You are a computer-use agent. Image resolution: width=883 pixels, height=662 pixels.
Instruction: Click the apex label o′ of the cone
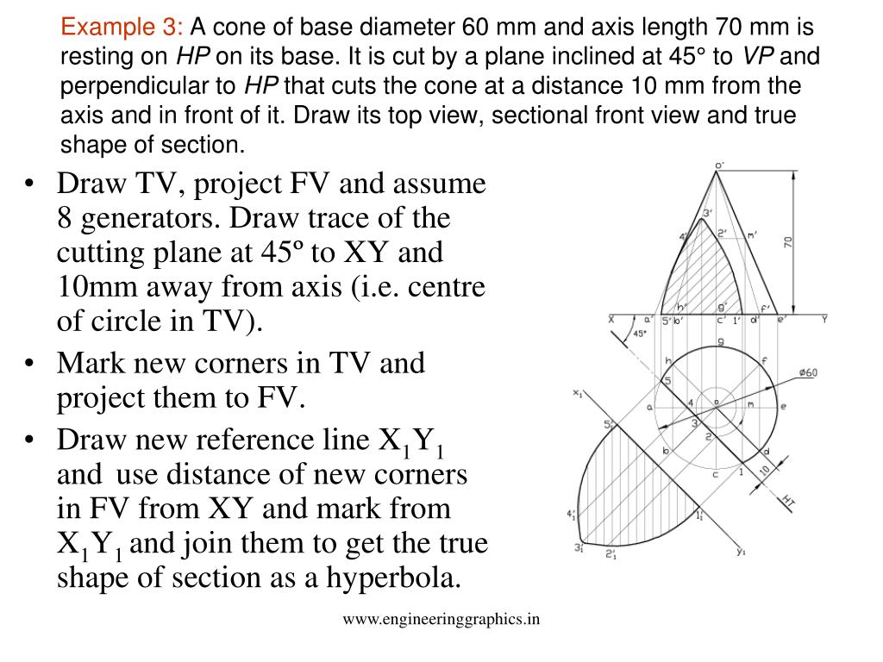[x=719, y=165]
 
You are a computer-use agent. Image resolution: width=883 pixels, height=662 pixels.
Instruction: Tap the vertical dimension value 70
[x=787, y=242]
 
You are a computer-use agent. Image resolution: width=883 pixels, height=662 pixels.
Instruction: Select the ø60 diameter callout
[x=808, y=372]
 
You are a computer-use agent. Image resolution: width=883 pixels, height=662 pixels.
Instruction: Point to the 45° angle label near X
[x=640, y=333]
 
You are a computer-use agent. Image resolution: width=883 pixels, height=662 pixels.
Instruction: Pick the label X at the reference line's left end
[x=611, y=319]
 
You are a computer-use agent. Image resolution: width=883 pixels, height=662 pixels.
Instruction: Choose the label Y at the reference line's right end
[x=824, y=319]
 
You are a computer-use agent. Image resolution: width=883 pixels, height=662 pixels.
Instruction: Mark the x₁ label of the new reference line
[x=578, y=393]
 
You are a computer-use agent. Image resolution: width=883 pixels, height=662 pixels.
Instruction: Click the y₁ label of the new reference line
[x=741, y=552]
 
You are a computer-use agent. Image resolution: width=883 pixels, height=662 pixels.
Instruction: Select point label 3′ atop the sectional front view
[x=707, y=213]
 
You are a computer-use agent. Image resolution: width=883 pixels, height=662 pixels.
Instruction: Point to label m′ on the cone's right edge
[x=753, y=234]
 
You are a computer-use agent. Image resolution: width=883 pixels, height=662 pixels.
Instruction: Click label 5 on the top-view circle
[x=667, y=380]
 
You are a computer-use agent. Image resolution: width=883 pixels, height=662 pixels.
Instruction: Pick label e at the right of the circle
[x=783, y=405]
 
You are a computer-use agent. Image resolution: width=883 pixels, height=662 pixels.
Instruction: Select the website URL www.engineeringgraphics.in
[x=441, y=617]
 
